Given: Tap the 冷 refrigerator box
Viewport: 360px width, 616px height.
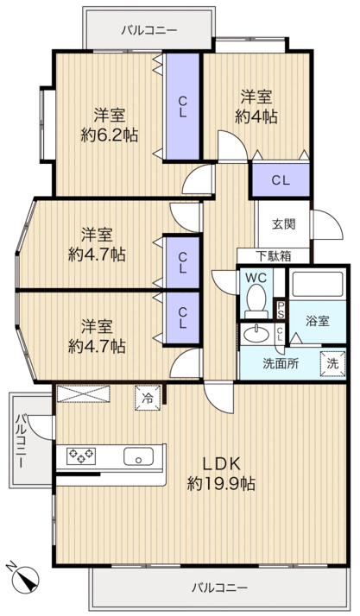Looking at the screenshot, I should [x=147, y=399].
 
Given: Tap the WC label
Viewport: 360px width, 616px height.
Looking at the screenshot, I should [x=255, y=279].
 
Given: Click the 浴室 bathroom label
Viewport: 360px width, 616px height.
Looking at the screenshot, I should [x=317, y=321].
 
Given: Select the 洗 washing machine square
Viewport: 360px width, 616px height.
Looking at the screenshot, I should [x=332, y=363].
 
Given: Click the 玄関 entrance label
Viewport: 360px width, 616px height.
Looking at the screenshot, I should [x=284, y=224].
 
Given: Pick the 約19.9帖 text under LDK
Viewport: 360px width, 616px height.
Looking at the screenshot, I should [x=220, y=483].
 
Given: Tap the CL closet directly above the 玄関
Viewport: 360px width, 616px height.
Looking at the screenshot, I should [x=281, y=180].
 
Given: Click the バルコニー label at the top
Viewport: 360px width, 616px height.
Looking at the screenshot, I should [x=148, y=29].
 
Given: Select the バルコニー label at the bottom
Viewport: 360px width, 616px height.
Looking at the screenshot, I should [x=219, y=588].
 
